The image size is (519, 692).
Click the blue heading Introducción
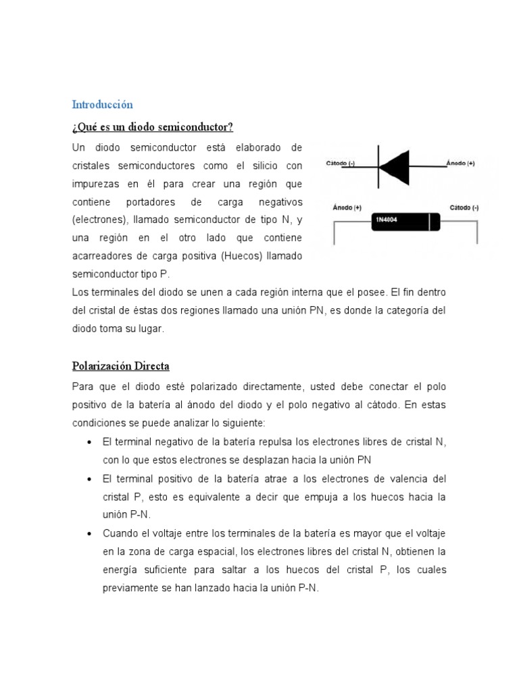tap(102, 105)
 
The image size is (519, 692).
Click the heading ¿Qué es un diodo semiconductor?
tap(152, 127)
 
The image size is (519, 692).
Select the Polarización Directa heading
tap(120, 366)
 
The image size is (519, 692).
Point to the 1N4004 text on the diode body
tap(388, 220)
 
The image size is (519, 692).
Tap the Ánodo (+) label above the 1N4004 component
tap(347, 207)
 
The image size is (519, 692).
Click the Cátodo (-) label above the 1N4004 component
tap(464, 207)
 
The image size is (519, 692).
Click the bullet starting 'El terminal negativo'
tap(90, 442)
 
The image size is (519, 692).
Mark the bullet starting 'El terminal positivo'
tap(90, 478)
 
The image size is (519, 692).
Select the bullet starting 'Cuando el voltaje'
tap(90, 533)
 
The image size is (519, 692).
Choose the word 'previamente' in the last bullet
tap(128, 588)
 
